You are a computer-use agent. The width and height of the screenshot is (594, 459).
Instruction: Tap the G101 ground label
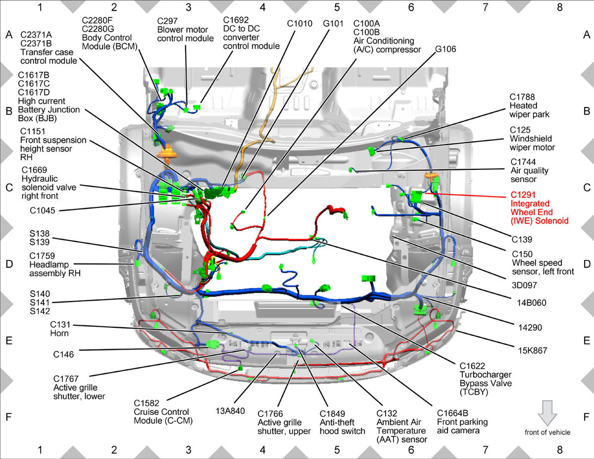point(333,24)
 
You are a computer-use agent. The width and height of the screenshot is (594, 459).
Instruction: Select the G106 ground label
point(445,49)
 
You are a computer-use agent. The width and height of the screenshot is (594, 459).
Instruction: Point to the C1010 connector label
point(299,24)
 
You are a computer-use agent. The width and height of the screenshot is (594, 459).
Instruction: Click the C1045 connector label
point(43,210)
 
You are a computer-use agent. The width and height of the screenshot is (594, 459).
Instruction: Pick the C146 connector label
point(63,355)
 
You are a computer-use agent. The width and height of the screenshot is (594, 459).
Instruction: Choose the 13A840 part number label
point(230,411)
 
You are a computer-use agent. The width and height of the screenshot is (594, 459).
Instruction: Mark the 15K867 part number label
point(533,351)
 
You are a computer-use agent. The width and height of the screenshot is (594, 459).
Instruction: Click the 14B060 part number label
point(532,303)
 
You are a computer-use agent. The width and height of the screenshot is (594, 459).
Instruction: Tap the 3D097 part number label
point(524,285)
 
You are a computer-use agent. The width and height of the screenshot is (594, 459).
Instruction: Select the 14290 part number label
point(530,327)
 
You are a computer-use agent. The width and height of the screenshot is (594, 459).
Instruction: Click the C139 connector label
point(522,240)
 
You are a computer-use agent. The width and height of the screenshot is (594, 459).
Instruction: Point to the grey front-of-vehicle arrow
point(547,413)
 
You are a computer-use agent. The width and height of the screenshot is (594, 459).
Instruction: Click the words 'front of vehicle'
point(547,432)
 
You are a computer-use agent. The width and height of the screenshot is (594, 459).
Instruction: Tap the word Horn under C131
point(59,333)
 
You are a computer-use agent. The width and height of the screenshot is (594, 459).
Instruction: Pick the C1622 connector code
point(472,366)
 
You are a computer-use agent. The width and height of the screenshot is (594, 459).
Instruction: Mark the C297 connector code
point(167,21)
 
